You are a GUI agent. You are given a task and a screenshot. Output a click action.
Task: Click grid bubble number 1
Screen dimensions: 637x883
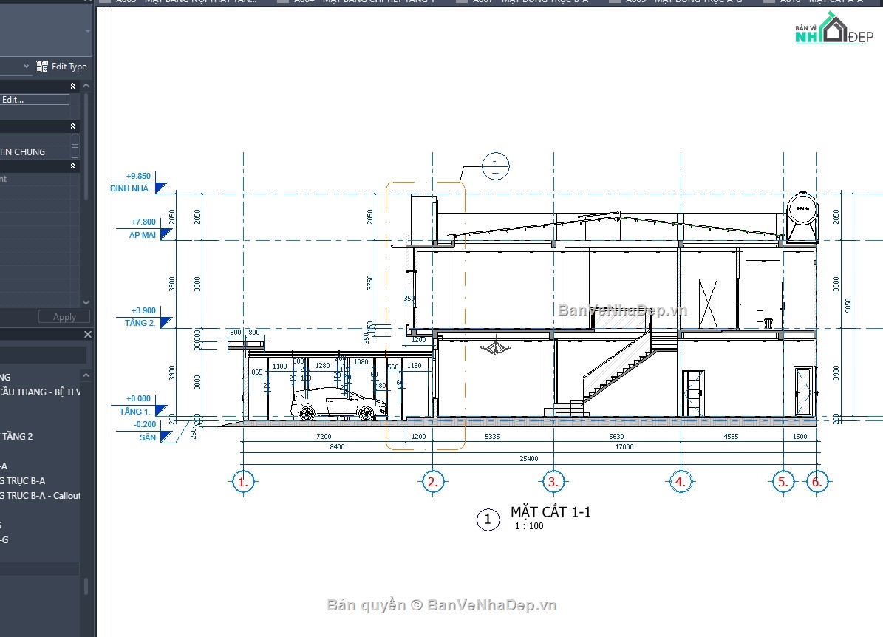[x=242, y=483]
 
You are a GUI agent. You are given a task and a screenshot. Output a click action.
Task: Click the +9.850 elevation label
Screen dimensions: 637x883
[x=138, y=177]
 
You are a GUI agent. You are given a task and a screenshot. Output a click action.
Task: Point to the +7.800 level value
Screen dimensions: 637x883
[x=143, y=222]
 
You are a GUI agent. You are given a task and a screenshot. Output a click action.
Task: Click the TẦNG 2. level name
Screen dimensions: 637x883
[x=140, y=323]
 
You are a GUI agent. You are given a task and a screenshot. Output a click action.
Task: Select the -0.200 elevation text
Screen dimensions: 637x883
[x=145, y=424]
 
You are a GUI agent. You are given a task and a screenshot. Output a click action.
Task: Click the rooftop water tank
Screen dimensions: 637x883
[x=802, y=218]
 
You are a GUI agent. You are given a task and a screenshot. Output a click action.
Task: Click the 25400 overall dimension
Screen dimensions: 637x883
[x=528, y=458]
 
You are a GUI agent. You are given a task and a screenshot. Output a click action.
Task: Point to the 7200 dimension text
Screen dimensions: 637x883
[x=324, y=437]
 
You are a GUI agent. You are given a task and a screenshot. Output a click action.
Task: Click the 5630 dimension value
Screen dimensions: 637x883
[x=616, y=437]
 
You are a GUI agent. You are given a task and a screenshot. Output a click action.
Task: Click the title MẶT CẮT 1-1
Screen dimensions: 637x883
[x=550, y=512]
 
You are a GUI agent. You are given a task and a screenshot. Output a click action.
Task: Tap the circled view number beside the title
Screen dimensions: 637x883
[x=487, y=519]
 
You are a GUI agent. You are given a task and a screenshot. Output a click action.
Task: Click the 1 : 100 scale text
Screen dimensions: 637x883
[x=529, y=526]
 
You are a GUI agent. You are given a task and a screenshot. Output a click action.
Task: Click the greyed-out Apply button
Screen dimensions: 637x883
[x=64, y=316]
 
